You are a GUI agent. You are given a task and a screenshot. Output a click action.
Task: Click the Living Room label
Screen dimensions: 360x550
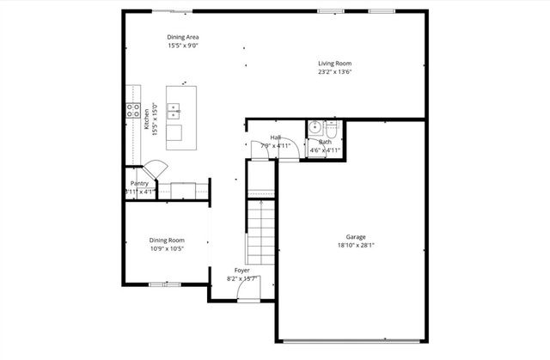pos(334,64)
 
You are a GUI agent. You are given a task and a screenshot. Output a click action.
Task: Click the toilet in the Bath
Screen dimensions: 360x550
pos(333,128)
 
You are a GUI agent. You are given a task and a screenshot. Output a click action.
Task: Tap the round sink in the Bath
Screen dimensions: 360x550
pos(315,128)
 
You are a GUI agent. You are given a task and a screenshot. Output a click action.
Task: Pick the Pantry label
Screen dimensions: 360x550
pos(139,183)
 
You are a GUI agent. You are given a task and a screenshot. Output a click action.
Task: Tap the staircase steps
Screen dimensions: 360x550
pos(260,230)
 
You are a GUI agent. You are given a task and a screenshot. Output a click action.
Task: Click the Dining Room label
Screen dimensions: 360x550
pos(167,240)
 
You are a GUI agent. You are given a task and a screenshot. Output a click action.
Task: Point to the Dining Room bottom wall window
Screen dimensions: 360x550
pos(160,284)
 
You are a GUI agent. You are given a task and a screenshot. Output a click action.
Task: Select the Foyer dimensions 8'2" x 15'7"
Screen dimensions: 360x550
pos(242,278)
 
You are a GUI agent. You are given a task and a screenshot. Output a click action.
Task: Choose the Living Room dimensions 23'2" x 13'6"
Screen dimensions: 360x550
pos(334,72)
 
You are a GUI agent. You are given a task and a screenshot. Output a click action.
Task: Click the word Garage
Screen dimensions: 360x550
pos(356,237)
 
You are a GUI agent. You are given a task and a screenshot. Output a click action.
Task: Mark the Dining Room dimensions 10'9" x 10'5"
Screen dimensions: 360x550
pos(167,248)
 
